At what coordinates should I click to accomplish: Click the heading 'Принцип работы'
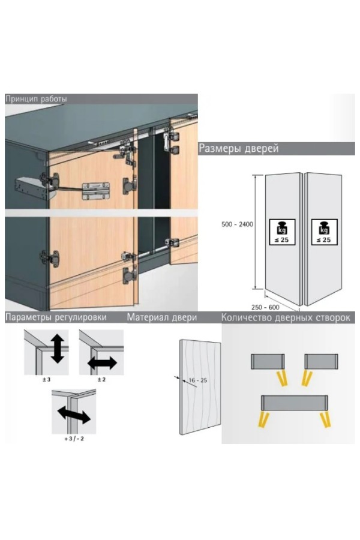point(36,99)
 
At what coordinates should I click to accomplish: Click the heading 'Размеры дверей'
point(238,148)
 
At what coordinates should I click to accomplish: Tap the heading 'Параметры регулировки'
point(56,317)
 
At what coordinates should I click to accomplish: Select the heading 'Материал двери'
point(162,317)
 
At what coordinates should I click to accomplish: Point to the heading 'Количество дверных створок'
point(286,317)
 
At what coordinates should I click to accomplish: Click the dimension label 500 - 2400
point(237,224)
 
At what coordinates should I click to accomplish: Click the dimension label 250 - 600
point(265,307)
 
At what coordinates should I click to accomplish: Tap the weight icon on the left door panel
point(282,232)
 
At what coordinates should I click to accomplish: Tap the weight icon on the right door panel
point(323,232)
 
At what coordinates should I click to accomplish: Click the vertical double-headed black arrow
point(57,349)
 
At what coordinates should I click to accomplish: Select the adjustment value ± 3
point(46,380)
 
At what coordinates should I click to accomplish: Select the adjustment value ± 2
point(101,380)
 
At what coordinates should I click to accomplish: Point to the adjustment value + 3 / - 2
point(74,439)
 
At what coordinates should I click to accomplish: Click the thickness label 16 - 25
point(198,380)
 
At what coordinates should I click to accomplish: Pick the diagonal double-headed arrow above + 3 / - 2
point(74,414)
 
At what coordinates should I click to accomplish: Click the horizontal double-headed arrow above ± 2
point(103,362)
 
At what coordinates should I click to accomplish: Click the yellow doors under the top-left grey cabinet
point(282,378)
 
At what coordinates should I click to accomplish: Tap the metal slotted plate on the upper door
point(95,191)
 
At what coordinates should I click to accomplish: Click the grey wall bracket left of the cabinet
point(31,188)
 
